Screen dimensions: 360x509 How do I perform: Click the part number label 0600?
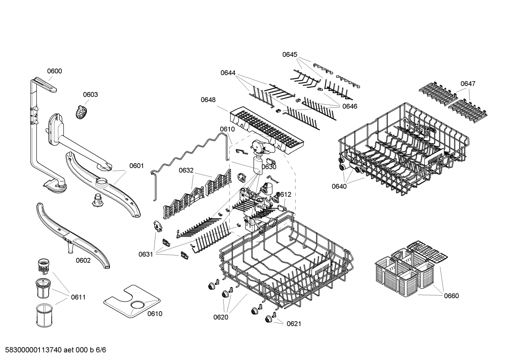click(54, 71)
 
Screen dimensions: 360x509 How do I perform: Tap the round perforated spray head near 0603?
click(82, 112)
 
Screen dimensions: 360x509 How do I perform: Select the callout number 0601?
click(136, 166)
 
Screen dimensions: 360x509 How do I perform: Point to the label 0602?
click(83, 260)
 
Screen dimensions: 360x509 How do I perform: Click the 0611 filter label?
click(78, 297)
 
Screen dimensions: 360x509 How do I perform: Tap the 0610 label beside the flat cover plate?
click(155, 314)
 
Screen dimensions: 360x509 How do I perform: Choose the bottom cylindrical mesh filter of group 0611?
click(44, 315)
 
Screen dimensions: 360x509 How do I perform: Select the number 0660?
click(451, 296)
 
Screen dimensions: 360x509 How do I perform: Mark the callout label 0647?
click(468, 84)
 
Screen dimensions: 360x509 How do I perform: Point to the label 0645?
click(289, 54)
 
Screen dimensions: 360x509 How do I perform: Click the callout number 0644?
click(228, 73)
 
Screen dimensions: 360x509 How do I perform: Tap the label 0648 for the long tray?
click(208, 100)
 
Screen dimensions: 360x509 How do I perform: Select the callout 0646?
click(349, 106)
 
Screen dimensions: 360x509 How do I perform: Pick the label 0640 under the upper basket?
click(339, 186)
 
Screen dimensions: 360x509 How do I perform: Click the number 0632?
click(186, 170)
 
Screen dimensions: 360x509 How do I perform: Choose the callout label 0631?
click(145, 254)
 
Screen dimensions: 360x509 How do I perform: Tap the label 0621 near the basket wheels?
click(294, 324)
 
